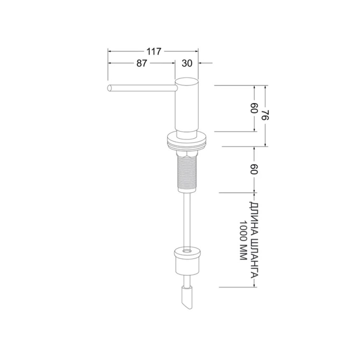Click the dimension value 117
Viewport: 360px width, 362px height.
154,51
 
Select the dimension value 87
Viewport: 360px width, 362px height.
142,63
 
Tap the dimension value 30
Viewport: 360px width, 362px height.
187,63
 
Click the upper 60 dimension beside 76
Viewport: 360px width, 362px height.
254,108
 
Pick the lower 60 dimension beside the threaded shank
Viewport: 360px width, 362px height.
254,169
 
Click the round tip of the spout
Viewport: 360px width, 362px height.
109,88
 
